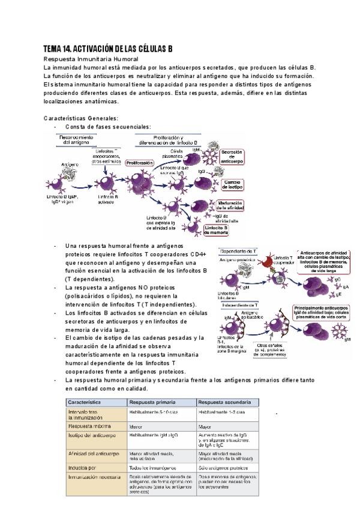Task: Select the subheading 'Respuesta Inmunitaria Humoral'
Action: (x=91, y=59)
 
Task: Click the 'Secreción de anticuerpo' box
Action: (x=232, y=157)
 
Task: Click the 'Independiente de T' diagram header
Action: (x=241, y=305)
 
